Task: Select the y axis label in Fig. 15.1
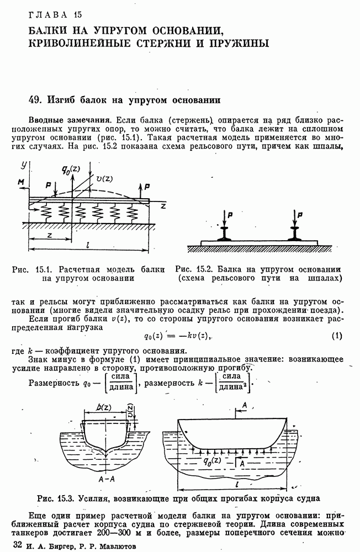click(24, 164)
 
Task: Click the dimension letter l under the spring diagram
click(88, 243)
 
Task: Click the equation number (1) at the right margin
click(337, 336)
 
